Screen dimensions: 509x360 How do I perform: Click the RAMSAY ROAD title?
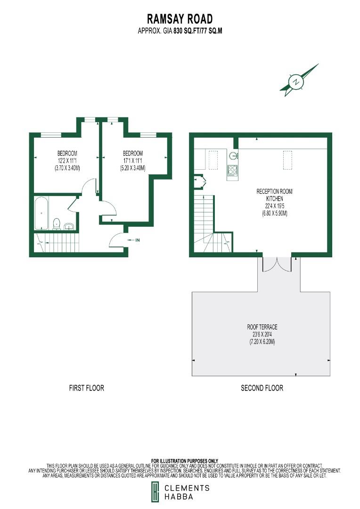[x=180, y=19]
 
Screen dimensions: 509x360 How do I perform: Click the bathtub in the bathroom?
[x=42, y=213]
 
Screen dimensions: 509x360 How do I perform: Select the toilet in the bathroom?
[x=57, y=224]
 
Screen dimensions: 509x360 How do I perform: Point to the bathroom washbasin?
[x=69, y=226]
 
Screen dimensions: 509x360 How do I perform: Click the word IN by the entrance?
[x=138, y=240]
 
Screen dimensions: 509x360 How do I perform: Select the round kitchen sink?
[x=232, y=156]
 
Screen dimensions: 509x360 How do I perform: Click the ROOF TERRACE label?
[x=262, y=327]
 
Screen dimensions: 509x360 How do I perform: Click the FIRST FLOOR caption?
[x=86, y=388]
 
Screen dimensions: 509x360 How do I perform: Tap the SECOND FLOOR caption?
[x=262, y=388]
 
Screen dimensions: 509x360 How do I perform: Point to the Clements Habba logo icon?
[x=155, y=492]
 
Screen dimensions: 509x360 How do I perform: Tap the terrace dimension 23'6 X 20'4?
[x=262, y=334]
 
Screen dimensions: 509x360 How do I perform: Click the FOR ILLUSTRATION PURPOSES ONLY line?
[x=185, y=460]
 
